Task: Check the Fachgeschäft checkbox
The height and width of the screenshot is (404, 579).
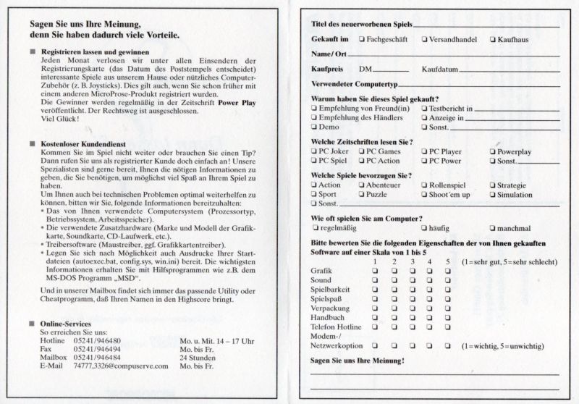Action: point(362,39)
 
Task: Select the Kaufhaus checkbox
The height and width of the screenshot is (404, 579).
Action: point(493,39)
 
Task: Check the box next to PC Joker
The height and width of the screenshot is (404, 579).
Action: point(314,152)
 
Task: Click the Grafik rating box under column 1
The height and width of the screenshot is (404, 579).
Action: point(375,270)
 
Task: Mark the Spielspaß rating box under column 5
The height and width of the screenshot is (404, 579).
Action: point(448,298)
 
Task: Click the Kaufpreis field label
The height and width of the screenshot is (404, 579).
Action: point(327,69)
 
